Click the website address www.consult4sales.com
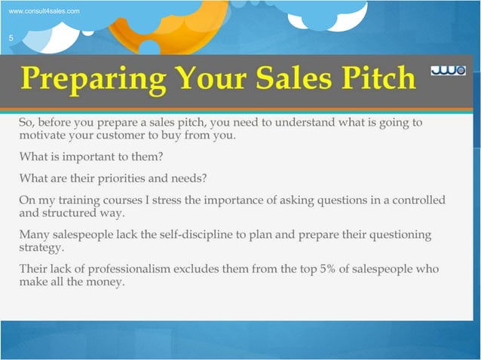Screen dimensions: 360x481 point(43,11)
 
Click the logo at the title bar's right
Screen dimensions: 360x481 point(448,71)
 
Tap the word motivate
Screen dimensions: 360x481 point(44,136)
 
